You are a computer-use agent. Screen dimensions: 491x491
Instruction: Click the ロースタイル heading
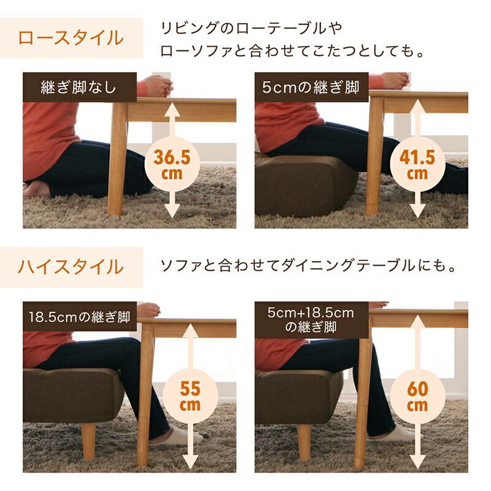[71, 37]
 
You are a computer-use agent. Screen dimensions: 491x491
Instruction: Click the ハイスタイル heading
[71, 267]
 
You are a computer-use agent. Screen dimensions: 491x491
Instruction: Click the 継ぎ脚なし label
[79, 87]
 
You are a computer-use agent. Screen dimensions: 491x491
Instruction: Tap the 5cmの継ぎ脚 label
[311, 87]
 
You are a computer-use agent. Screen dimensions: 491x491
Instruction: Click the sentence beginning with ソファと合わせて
[307, 266]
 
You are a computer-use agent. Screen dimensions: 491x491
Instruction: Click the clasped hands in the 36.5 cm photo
[158, 85]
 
